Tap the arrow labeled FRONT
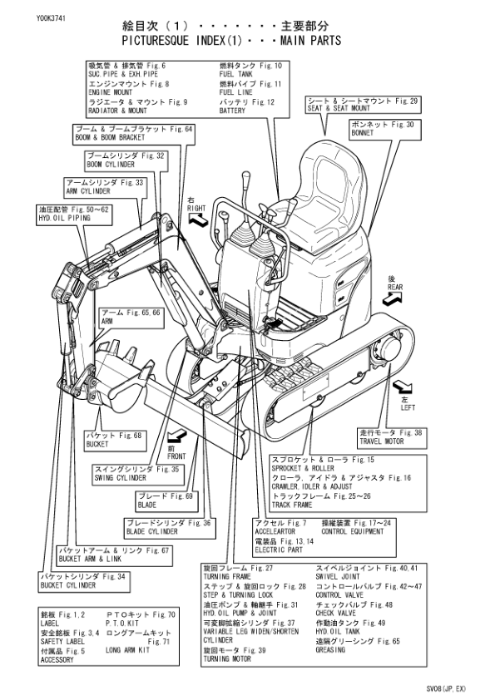tap(177, 436)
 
